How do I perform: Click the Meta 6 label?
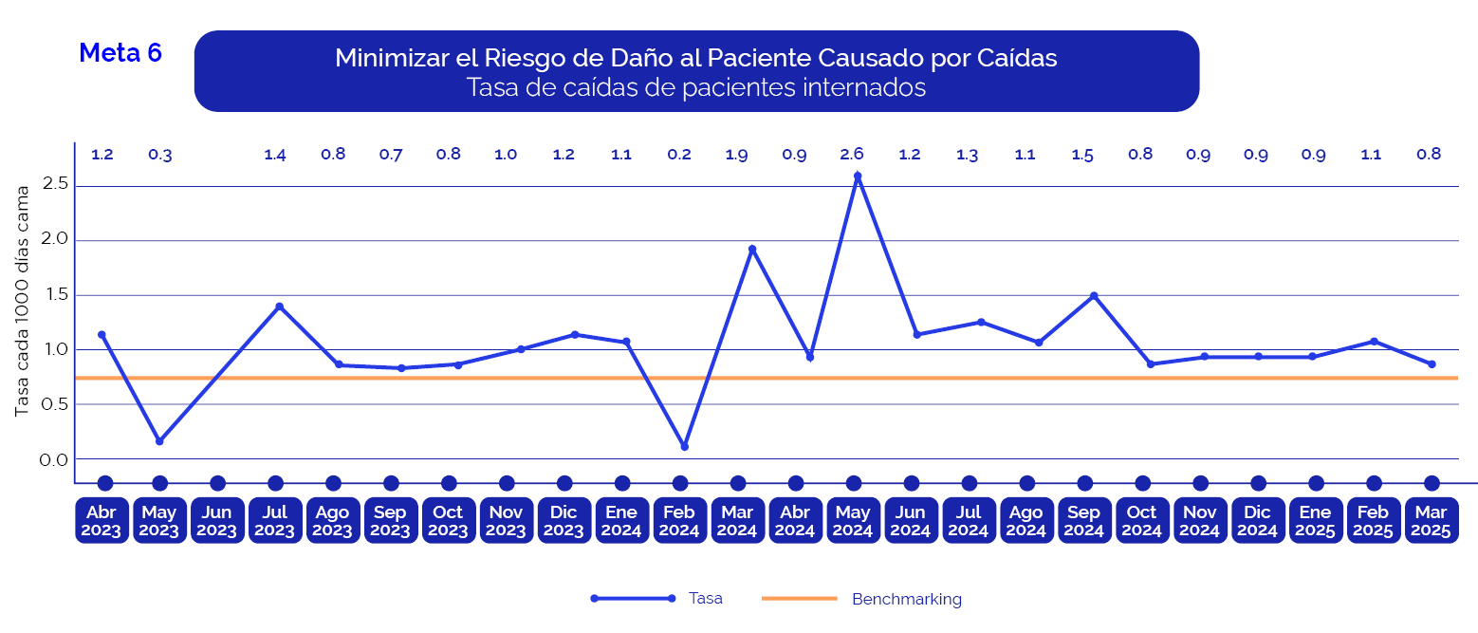click(x=120, y=53)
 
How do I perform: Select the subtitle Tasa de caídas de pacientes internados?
click(x=695, y=88)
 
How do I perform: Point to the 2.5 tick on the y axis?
click(x=55, y=183)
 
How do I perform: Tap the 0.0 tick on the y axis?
click(x=55, y=460)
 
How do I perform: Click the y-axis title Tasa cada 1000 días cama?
click(x=22, y=301)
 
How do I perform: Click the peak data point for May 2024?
click(x=858, y=176)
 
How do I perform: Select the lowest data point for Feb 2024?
click(x=684, y=446)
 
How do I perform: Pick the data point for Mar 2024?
click(x=752, y=250)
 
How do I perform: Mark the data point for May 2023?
click(x=159, y=441)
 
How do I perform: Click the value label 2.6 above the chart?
click(x=852, y=155)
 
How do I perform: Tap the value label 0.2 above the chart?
click(x=678, y=155)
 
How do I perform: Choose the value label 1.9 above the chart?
click(x=736, y=155)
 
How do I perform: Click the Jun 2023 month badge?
click(x=217, y=521)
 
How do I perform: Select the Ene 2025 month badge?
click(x=1315, y=521)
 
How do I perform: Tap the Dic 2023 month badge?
click(x=563, y=521)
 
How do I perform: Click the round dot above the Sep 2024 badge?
click(x=1084, y=483)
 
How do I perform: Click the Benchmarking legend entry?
click(x=906, y=600)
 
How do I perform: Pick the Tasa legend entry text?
click(x=705, y=599)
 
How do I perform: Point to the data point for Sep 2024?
click(x=1094, y=296)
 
